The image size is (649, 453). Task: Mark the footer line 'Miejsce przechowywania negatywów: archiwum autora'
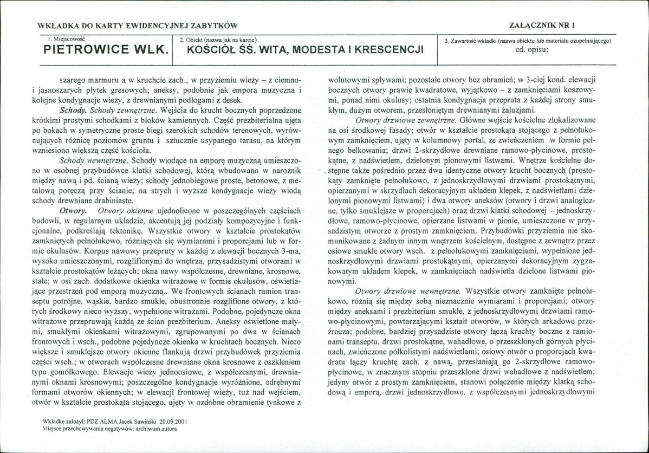pyautogui.click(x=109, y=428)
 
